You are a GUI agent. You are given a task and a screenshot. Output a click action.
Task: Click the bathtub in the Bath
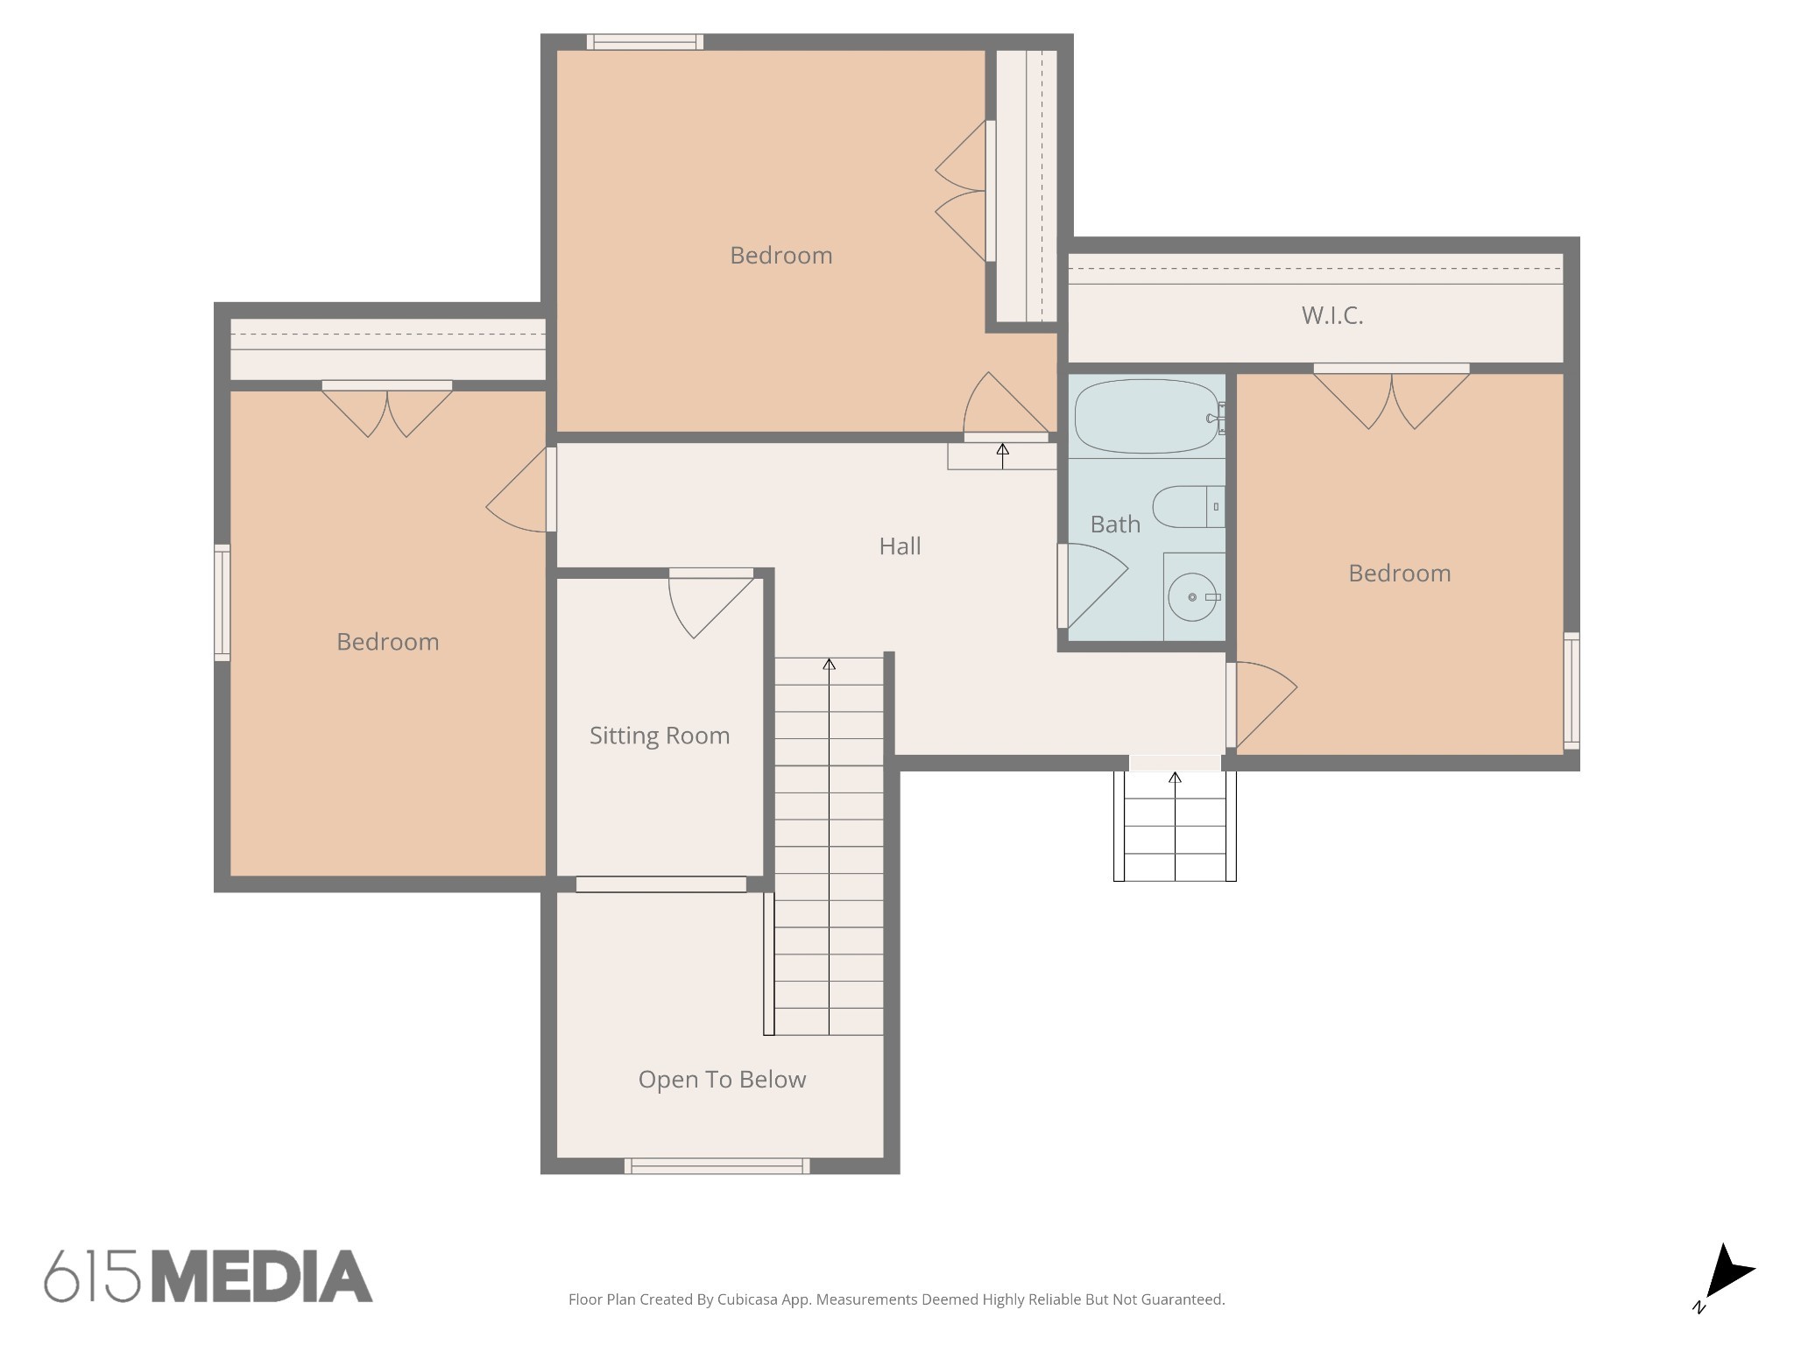(1148, 416)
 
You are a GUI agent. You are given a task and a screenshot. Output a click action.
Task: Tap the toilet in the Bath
(1188, 507)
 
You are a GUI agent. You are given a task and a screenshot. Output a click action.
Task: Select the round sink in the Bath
(1192, 596)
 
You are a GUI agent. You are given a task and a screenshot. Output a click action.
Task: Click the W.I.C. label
(1332, 315)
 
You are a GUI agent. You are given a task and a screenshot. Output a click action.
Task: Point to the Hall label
(900, 546)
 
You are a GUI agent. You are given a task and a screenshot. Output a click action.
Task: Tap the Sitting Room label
(660, 736)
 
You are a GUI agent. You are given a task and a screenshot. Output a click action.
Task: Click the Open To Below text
(722, 1080)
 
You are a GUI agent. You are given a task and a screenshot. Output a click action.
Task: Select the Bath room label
(1115, 525)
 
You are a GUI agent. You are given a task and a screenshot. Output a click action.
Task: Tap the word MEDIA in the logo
(262, 1277)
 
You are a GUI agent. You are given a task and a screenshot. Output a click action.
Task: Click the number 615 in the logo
(93, 1277)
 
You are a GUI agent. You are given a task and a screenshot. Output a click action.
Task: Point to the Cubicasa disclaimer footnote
(896, 1299)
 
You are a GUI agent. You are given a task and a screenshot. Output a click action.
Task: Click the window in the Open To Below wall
(717, 1165)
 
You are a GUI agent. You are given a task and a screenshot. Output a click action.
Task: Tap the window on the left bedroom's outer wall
(222, 602)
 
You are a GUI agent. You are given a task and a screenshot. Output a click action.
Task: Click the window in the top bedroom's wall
(645, 42)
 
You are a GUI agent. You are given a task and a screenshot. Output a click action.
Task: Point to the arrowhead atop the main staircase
(829, 665)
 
